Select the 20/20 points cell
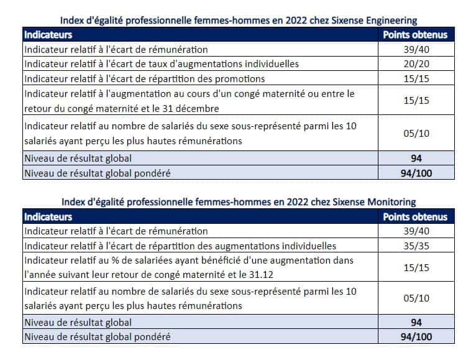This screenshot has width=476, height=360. tap(416, 63)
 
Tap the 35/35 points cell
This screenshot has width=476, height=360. tap(416, 246)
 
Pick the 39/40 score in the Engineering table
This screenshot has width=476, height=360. tap(416, 49)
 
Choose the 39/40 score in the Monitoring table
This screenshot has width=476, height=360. tap(416, 231)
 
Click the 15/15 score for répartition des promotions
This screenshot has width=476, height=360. tap(416, 78)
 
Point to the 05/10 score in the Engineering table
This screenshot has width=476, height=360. tap(416, 132)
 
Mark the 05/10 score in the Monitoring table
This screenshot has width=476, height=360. tap(416, 298)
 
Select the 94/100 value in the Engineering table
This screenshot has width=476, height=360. tap(416, 173)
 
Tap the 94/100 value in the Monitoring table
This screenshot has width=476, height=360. tap(416, 338)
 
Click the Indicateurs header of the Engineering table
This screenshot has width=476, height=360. tap(48, 35)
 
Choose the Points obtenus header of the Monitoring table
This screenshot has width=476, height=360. tap(415, 217)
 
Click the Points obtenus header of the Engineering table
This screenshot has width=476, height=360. tap(415, 35)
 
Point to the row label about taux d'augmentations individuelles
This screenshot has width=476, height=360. tap(162, 63)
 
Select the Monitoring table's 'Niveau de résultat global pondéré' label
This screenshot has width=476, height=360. tap(96, 338)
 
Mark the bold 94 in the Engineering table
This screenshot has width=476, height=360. tap(416, 158)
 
